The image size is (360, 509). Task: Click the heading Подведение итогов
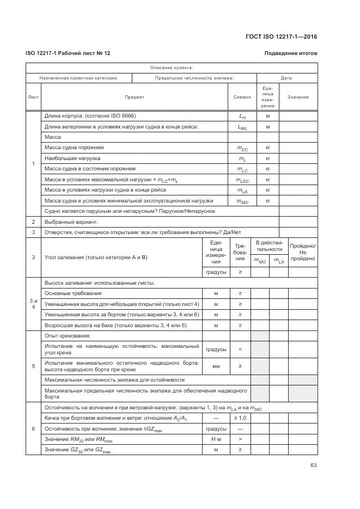coord(290,53)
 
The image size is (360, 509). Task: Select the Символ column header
coord(242,97)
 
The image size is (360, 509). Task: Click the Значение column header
coord(298,97)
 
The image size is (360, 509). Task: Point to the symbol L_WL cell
coord(242,127)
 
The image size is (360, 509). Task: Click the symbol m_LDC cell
coord(242,180)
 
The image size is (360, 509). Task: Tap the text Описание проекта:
coord(171,68)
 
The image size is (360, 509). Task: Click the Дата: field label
coord(287,78)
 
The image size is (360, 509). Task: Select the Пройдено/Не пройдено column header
coord(303,252)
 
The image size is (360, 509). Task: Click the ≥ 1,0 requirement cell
coord(240,418)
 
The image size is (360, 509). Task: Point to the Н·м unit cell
coord(216,439)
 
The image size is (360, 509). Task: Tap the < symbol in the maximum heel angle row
coord(240,349)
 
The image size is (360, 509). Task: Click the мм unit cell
coord(216,366)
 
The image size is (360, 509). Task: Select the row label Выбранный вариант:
coord(71,222)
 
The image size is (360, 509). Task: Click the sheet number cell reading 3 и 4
coord(33,304)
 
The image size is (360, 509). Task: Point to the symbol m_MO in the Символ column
coord(242,201)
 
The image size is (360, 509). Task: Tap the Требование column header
coord(240,252)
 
